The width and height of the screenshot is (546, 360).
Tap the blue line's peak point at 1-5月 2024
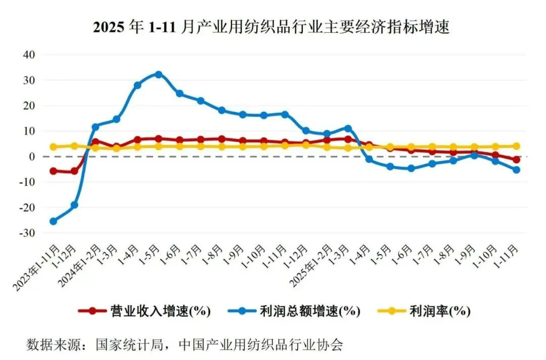158,74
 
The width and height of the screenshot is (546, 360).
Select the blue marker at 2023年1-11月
53,221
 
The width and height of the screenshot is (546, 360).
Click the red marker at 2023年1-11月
53,171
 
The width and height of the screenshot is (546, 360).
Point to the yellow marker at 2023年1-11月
53,147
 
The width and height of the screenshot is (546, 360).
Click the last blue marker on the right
516,170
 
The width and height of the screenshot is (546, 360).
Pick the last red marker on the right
516,160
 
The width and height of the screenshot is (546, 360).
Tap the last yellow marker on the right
516,146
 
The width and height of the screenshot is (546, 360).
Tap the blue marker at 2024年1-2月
96,127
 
